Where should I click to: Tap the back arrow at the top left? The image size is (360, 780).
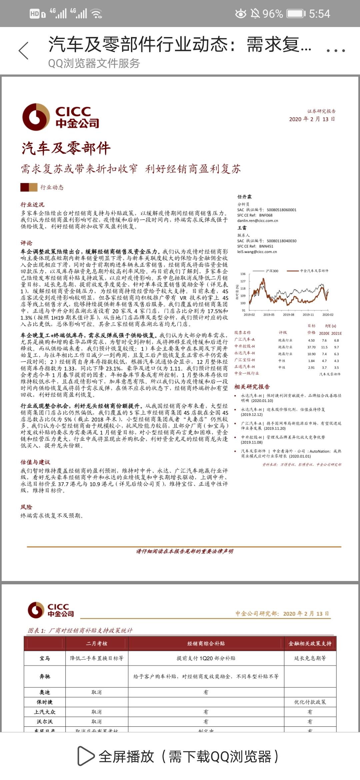point(24,51)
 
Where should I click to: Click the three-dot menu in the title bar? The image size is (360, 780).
point(335,51)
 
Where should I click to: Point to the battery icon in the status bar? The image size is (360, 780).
point(296,14)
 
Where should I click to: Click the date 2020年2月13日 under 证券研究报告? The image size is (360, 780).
point(312,119)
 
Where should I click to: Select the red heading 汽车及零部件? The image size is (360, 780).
point(66,148)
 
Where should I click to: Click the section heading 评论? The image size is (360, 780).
point(26,243)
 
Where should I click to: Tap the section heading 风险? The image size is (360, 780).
point(26,507)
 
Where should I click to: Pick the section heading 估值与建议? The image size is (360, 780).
point(35,462)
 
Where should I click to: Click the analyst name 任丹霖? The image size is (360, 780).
point(244,197)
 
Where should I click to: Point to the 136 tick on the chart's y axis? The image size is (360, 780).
point(243,274)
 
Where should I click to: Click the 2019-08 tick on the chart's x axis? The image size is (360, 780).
point(288,314)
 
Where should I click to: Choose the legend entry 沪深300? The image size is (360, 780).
point(272,271)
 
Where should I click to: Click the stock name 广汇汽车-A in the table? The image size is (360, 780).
point(244,339)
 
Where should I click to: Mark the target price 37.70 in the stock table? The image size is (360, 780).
point(311,347)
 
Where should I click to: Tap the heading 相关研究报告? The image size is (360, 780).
point(252,387)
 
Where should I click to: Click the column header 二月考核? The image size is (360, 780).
point(97,643)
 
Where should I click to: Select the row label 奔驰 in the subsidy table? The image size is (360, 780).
point(45,676)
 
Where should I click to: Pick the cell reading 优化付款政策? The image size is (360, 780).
point(310,702)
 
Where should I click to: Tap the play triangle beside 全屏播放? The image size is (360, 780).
point(86,756)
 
